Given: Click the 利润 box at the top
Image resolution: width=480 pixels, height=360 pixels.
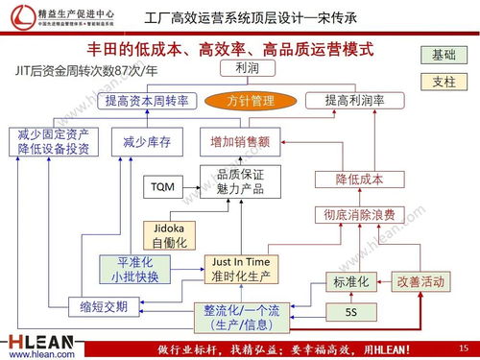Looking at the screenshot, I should [239, 69].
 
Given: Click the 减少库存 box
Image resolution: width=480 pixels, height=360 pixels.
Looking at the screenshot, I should [147, 142].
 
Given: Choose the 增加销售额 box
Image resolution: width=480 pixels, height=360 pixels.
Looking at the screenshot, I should [240, 142].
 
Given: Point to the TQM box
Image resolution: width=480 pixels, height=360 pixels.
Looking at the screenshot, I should [162, 186].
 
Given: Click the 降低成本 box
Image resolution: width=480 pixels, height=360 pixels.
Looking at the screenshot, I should [359, 180].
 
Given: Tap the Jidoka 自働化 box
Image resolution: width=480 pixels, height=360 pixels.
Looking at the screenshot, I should [170, 234].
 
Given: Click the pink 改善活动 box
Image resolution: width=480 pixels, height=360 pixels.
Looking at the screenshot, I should [420, 282].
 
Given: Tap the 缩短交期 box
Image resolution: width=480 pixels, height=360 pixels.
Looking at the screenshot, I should [97, 307].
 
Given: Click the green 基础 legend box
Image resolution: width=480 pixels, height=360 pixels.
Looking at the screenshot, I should [444, 55].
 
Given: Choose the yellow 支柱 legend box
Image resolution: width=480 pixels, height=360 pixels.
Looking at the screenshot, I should [444, 82].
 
